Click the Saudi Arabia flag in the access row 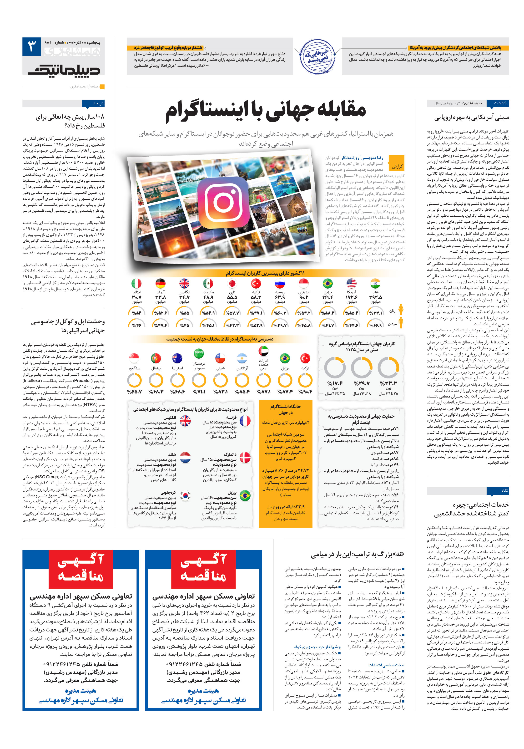pos(199,353)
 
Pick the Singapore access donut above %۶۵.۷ pos(134,380)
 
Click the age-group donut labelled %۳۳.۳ pos(388,367)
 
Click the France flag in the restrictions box pos(245,421)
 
